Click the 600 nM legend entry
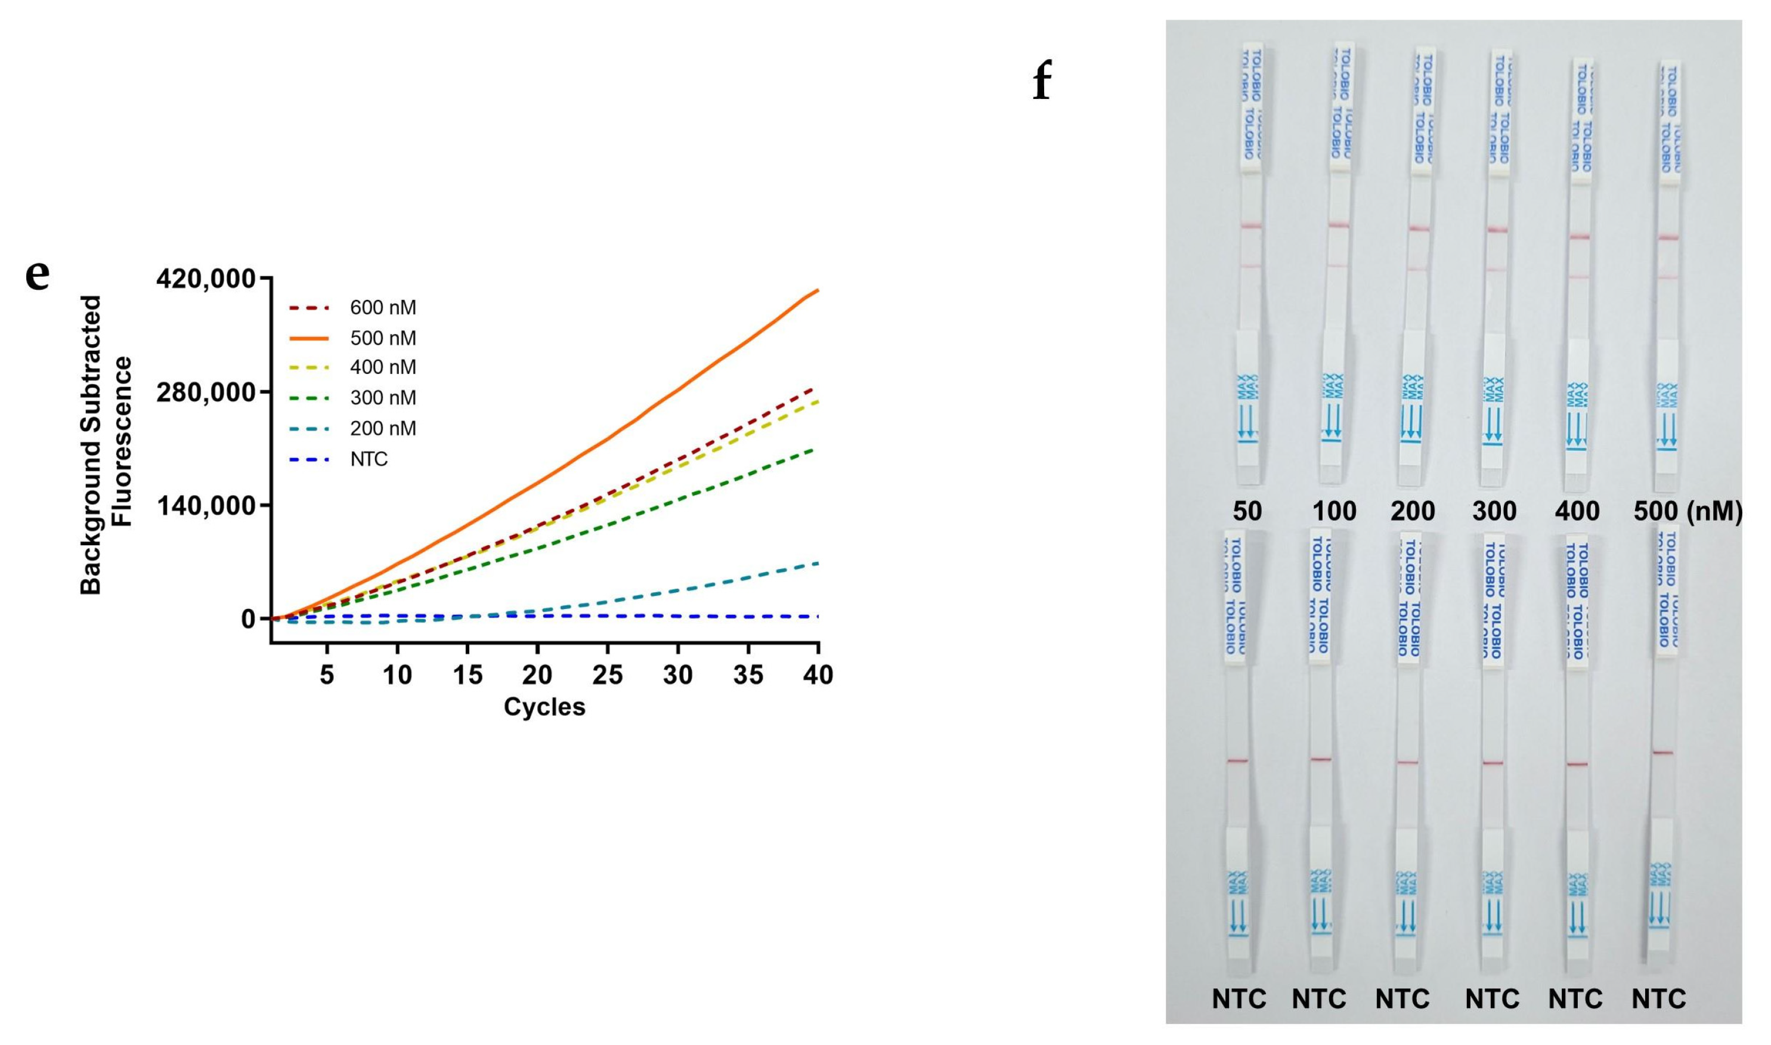(382, 308)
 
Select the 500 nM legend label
(382, 339)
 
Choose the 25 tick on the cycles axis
(608, 675)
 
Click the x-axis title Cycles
(544, 707)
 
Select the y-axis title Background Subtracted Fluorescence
(106, 446)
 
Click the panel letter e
(38, 274)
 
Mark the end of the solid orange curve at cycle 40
(816, 290)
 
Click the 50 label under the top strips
(1247, 511)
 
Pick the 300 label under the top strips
(1494, 511)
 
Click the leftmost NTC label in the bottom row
(1239, 998)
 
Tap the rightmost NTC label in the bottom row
(1659, 998)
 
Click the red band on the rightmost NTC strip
(1661, 753)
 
